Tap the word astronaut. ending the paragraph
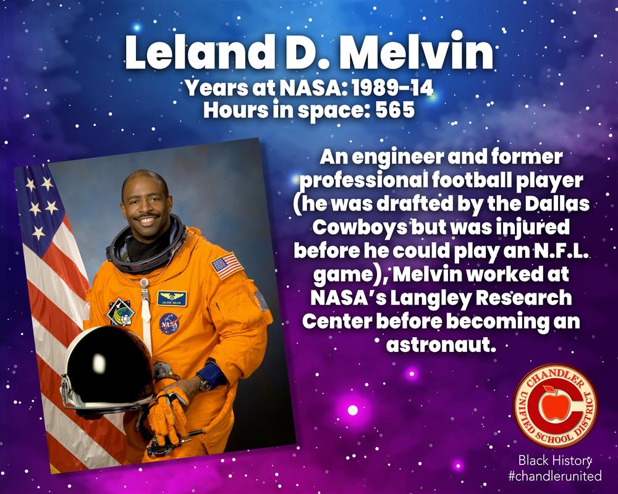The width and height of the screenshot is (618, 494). tap(440, 345)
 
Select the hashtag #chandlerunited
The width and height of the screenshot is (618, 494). tap(555, 475)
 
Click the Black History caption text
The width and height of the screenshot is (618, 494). tap(555, 459)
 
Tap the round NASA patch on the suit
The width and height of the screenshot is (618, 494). tap(170, 324)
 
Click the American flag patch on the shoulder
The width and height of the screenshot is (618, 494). tap(227, 266)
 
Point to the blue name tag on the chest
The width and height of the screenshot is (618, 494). tap(172, 299)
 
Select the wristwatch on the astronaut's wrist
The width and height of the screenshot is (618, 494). tap(205, 383)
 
